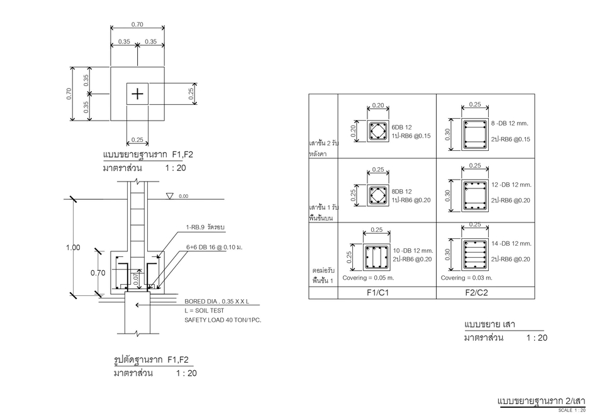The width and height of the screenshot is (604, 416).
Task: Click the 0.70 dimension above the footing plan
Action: (x=137, y=25)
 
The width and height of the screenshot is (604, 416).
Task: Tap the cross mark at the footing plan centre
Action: (x=137, y=94)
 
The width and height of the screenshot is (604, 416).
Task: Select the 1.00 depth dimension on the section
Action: (x=74, y=248)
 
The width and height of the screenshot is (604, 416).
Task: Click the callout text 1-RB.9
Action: (x=205, y=227)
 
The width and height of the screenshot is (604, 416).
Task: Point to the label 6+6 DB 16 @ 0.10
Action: (x=214, y=248)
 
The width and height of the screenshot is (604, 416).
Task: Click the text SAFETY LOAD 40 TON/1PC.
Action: (x=223, y=320)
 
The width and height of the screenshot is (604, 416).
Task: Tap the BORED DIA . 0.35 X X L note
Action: (x=216, y=302)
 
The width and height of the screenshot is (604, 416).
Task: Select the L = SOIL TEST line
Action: (x=206, y=310)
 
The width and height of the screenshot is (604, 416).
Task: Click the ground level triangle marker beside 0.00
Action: (x=169, y=196)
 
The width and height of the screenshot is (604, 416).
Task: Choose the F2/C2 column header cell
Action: (x=476, y=292)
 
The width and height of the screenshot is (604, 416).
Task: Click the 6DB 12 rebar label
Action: (x=401, y=128)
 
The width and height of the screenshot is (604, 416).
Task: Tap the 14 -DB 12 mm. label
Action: (x=512, y=243)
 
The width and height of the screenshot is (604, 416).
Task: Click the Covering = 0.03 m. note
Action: (x=467, y=277)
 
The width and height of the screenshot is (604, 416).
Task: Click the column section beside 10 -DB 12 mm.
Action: (x=376, y=257)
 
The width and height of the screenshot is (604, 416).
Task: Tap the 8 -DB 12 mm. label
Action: (x=510, y=123)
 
